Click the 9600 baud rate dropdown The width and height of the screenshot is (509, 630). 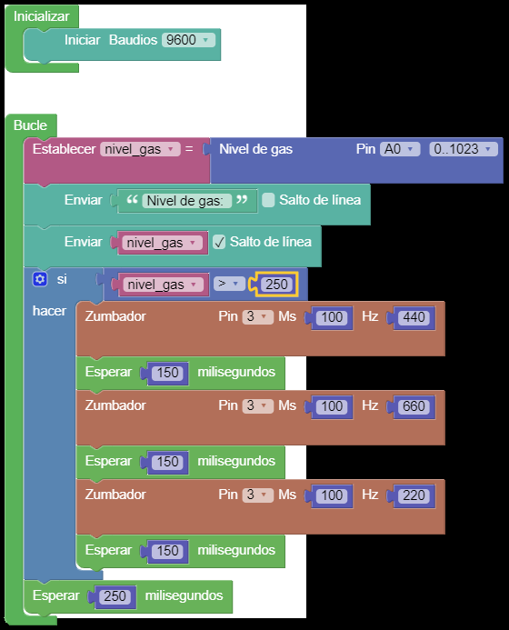(188, 40)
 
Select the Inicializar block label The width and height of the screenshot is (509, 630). (42, 16)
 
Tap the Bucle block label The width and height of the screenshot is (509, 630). (30, 125)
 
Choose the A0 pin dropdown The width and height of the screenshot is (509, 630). (400, 149)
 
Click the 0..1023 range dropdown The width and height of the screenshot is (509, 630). (464, 149)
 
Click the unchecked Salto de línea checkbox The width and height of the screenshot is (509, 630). (268, 200)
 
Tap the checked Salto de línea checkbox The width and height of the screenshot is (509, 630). (219, 242)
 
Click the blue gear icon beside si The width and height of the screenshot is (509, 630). (40, 279)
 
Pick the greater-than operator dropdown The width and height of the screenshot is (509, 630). (229, 284)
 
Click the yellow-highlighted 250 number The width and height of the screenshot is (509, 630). (276, 285)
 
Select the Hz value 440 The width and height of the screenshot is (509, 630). (414, 317)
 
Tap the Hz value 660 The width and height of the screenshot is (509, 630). (414, 406)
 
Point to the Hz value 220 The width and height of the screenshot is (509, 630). (414, 495)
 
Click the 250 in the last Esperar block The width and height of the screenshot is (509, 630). (115, 596)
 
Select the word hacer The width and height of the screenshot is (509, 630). (49, 311)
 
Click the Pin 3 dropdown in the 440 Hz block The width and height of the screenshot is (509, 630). (257, 316)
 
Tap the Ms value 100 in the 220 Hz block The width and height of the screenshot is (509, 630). (332, 495)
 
